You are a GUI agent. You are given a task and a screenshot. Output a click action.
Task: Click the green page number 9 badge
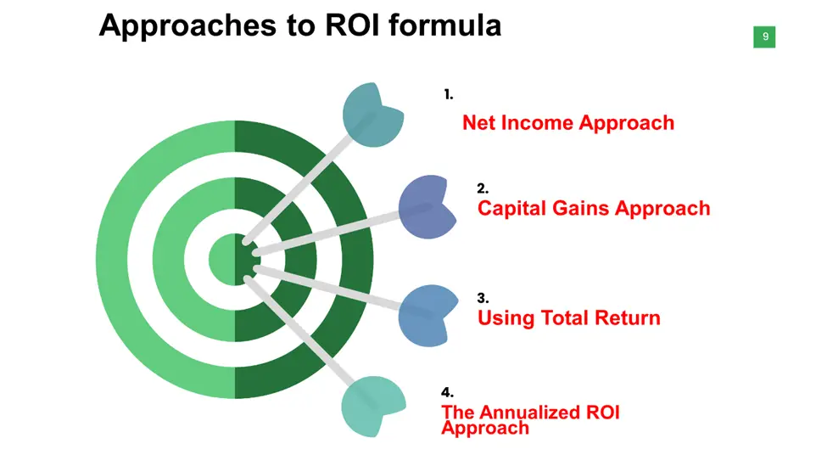pyautogui.click(x=764, y=37)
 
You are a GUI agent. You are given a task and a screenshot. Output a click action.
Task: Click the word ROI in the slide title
pyautogui.click(x=352, y=25)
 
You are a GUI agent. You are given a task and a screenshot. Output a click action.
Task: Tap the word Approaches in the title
pyautogui.click(x=187, y=25)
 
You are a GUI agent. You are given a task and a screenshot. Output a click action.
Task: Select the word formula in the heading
pyautogui.click(x=444, y=25)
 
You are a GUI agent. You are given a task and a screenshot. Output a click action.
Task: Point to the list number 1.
pyautogui.click(x=449, y=94)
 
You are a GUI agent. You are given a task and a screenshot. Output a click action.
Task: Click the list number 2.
pyautogui.click(x=483, y=188)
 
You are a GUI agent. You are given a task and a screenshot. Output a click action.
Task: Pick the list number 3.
pyautogui.click(x=483, y=298)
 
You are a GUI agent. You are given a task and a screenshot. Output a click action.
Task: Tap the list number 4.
pyautogui.click(x=447, y=392)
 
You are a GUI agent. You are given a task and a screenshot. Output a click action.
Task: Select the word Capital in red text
pyautogui.click(x=511, y=209)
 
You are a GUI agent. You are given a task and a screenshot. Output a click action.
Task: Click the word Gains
pyautogui.click(x=581, y=208)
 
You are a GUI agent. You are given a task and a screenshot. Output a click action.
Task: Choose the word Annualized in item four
pyautogui.click(x=531, y=413)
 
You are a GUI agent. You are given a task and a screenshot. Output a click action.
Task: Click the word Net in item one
pyautogui.click(x=478, y=122)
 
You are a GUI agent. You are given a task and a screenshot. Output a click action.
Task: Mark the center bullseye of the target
pyautogui.click(x=235, y=260)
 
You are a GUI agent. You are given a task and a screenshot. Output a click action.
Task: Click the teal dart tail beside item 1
pyautogui.click(x=372, y=115)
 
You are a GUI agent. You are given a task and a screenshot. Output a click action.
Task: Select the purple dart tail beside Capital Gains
pyautogui.click(x=426, y=207)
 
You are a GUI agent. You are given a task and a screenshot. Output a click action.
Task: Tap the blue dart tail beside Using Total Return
pyautogui.click(x=426, y=316)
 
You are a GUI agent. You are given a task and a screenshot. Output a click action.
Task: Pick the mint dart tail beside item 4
pyautogui.click(x=372, y=407)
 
